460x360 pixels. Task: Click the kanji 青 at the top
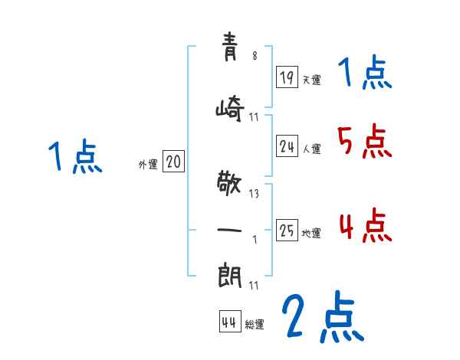(229, 47)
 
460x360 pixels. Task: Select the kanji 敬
(229, 183)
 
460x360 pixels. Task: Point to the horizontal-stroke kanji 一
(229, 230)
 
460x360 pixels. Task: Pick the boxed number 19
(287, 77)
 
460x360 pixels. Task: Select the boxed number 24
(287, 146)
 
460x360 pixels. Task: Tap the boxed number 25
(287, 230)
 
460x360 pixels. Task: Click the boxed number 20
(173, 161)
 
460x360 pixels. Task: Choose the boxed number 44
(230, 321)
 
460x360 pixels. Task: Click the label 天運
(311, 80)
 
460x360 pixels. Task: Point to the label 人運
(311, 149)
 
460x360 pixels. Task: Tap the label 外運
(148, 165)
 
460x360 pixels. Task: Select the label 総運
(255, 324)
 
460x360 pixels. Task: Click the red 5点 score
(364, 141)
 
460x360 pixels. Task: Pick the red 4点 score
(366, 225)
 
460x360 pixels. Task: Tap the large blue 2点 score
(323, 316)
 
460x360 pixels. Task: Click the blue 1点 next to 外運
(75, 156)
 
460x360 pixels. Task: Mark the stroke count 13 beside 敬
(254, 194)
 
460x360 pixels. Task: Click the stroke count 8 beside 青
(255, 55)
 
